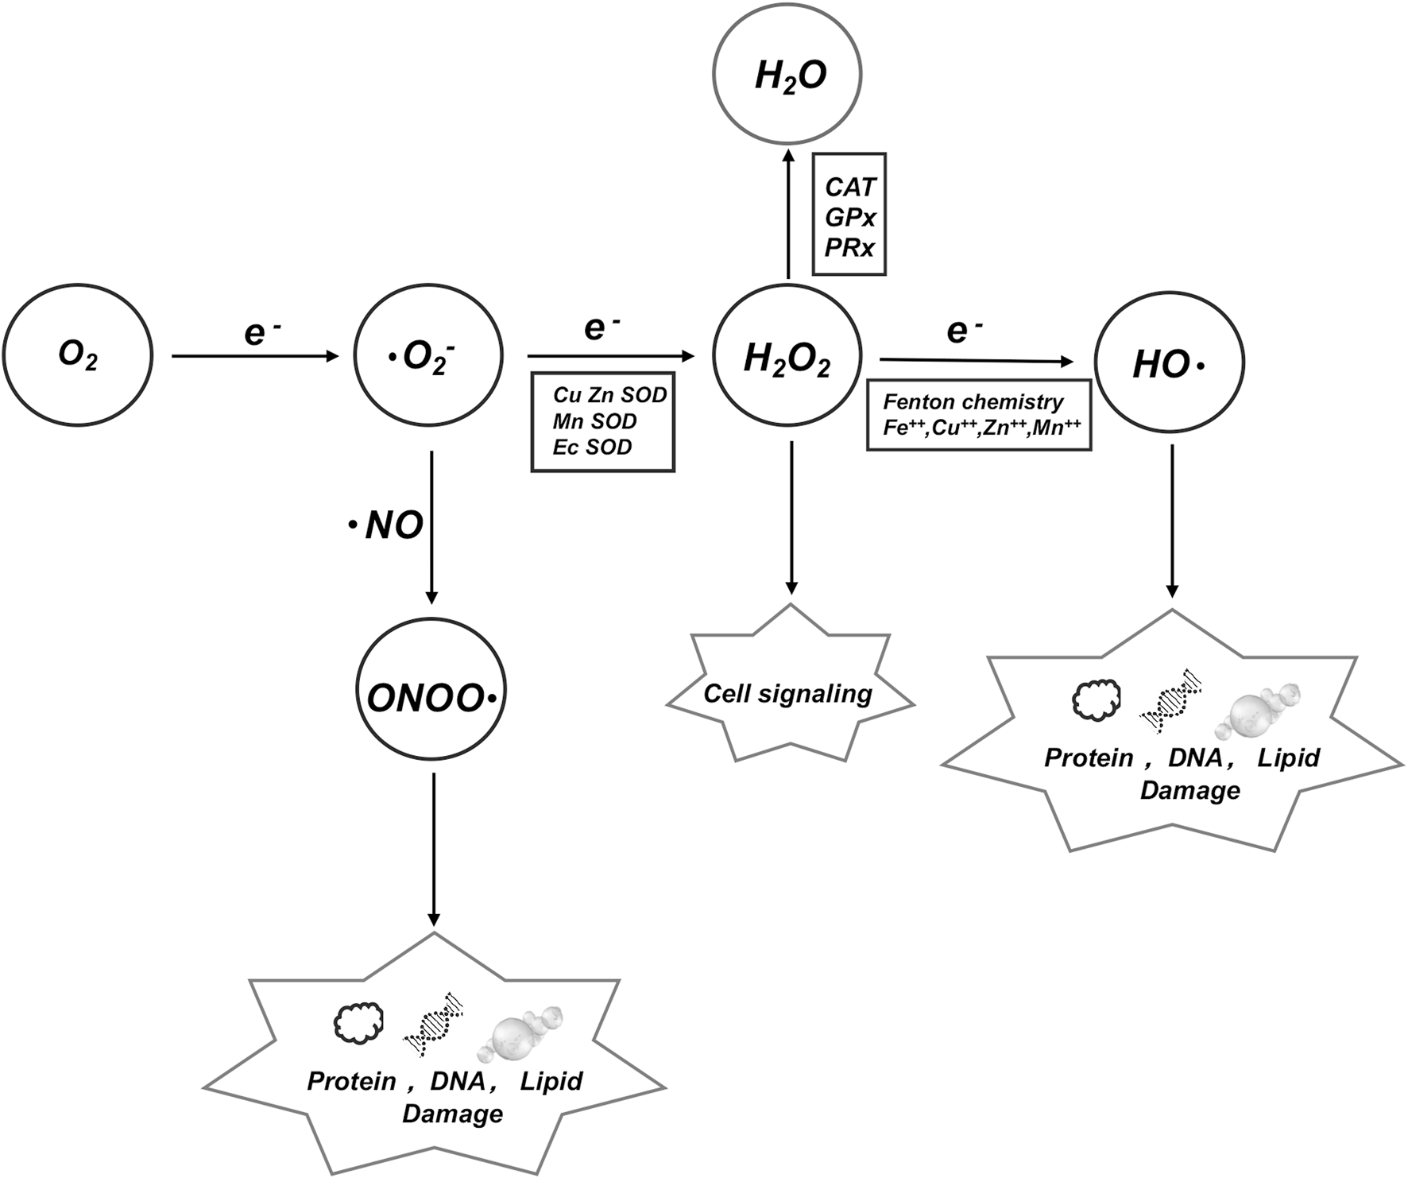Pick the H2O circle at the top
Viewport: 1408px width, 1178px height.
click(787, 76)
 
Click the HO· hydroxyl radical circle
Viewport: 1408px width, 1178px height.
click(1170, 364)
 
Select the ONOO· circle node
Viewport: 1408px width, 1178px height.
click(431, 698)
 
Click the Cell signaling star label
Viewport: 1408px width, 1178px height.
click(787, 694)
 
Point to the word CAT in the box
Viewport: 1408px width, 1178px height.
click(849, 187)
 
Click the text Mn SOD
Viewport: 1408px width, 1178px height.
click(594, 420)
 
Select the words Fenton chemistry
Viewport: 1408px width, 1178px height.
click(973, 401)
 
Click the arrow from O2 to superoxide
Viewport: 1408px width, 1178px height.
click(254, 356)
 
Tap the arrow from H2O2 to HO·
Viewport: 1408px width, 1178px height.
click(977, 362)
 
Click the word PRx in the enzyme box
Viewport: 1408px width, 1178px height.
click(849, 248)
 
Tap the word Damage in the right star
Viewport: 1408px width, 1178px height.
click(1189, 791)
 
